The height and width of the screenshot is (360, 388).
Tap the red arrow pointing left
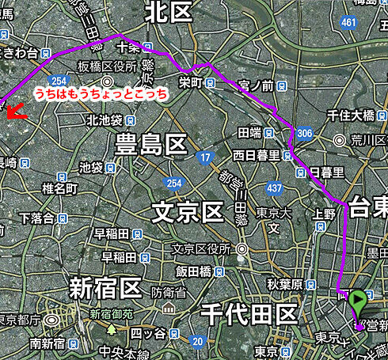coord(15,112)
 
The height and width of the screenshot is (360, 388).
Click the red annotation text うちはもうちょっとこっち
coord(101,93)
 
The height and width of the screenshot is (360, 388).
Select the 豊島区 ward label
coord(151,145)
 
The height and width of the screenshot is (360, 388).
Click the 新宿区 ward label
coord(105,286)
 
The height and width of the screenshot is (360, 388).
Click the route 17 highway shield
coord(204,158)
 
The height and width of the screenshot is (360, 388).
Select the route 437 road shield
coord(275,188)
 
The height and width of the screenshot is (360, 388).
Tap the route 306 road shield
coord(305,134)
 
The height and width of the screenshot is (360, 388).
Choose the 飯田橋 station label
coord(193,271)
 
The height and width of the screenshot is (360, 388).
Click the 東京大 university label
coord(275,213)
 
